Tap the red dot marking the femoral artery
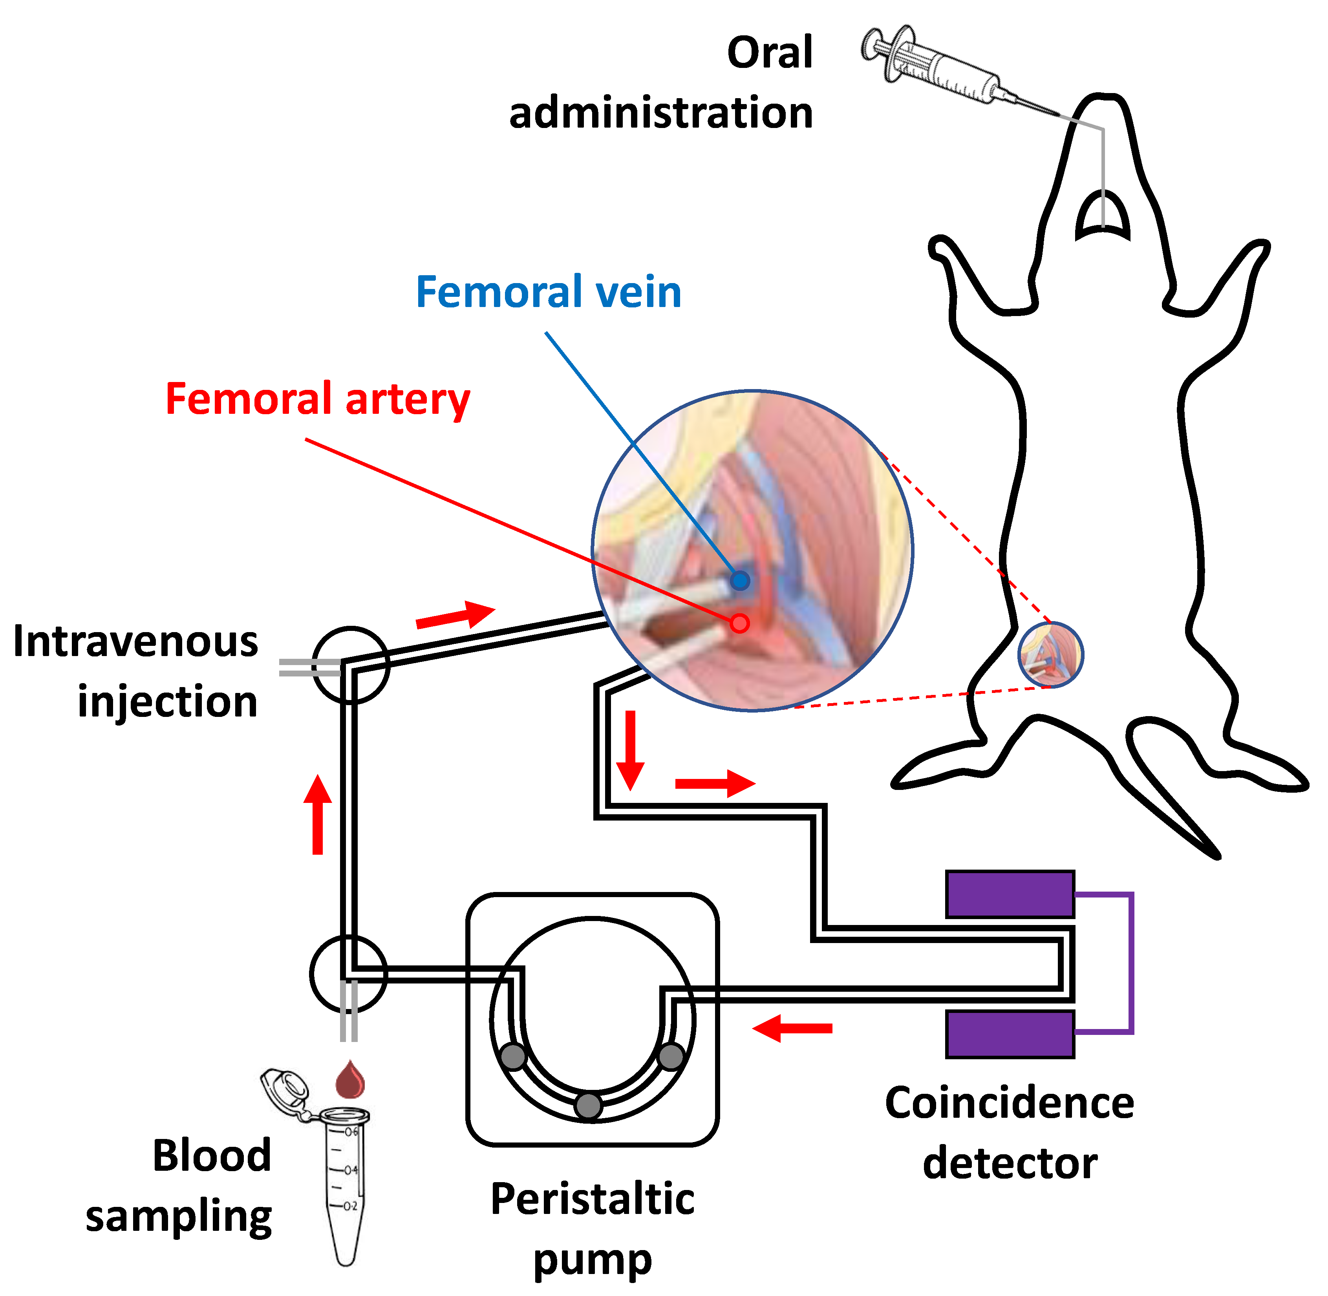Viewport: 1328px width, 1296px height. click(x=739, y=623)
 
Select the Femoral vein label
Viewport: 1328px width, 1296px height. click(x=549, y=292)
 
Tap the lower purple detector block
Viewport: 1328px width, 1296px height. click(x=1010, y=1034)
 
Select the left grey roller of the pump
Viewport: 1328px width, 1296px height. click(x=513, y=1057)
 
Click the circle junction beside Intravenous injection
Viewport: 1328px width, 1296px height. click(x=351, y=665)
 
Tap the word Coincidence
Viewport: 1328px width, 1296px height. click(x=1010, y=1103)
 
